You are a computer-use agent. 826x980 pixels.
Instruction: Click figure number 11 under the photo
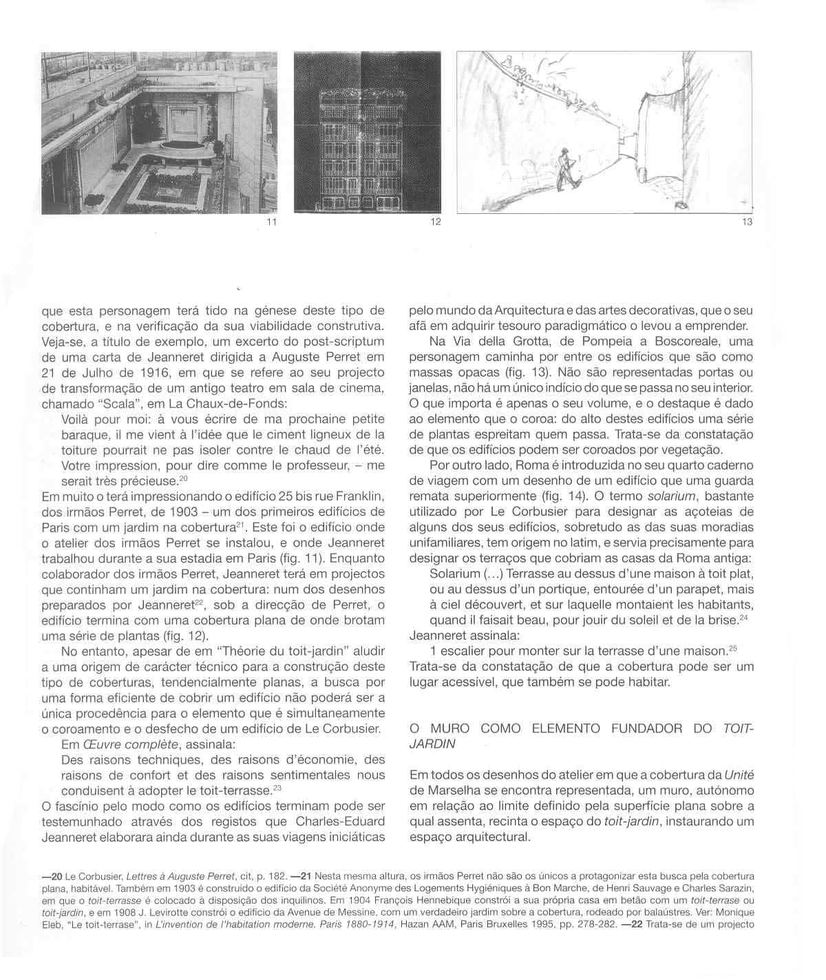pyautogui.click(x=271, y=223)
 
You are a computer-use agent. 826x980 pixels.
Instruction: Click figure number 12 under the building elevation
pyautogui.click(x=434, y=223)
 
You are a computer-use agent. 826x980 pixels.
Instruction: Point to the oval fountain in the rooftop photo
pyautogui.click(x=182, y=149)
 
